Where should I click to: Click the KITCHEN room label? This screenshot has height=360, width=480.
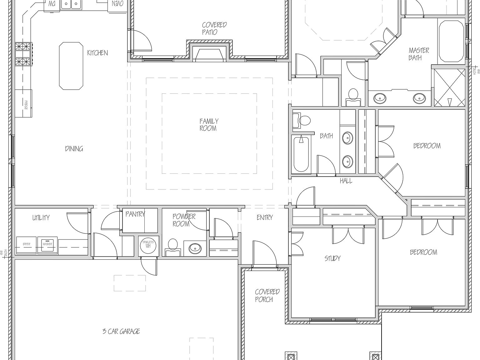click(97, 53)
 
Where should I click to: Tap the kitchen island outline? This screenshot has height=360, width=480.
click(71, 66)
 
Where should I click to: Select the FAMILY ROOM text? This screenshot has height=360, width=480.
click(209, 124)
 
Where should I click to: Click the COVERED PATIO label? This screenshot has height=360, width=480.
click(214, 28)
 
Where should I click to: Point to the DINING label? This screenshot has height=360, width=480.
click(74, 149)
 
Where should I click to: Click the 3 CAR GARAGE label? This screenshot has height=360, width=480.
click(121, 331)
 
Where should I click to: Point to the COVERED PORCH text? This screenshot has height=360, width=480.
click(267, 295)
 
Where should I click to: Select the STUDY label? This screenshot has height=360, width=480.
click(332, 258)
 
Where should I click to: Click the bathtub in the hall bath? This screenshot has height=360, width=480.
click(301, 154)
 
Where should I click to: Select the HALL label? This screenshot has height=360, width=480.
click(346, 181)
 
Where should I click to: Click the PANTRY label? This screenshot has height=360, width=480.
click(135, 214)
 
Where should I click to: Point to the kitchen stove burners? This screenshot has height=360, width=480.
click(23, 53)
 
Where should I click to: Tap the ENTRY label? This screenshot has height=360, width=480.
click(264, 217)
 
